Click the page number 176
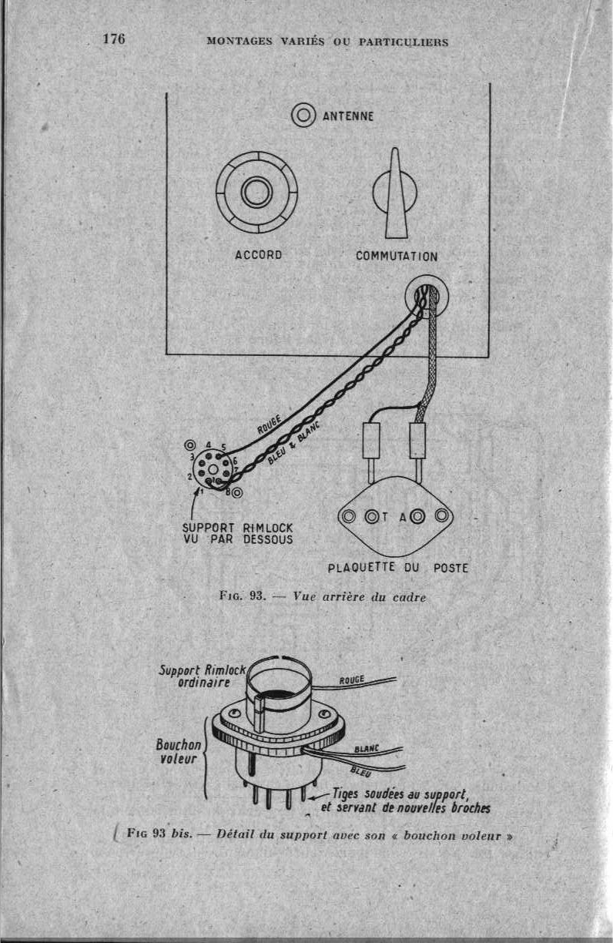[113, 39]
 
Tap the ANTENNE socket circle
[303, 116]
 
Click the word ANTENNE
[347, 116]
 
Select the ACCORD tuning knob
[256, 192]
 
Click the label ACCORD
[258, 255]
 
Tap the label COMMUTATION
[396, 257]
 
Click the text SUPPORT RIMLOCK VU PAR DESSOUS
[237, 533]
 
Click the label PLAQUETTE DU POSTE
[397, 569]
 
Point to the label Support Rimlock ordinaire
[202, 676]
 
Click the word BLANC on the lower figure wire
[367, 748]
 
